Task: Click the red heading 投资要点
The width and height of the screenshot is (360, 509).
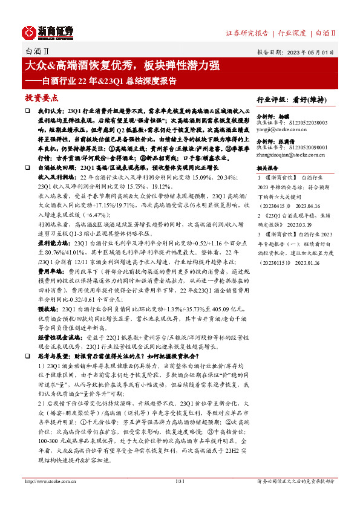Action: point(41,97)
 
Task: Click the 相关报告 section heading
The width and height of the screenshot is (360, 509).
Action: point(267,167)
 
